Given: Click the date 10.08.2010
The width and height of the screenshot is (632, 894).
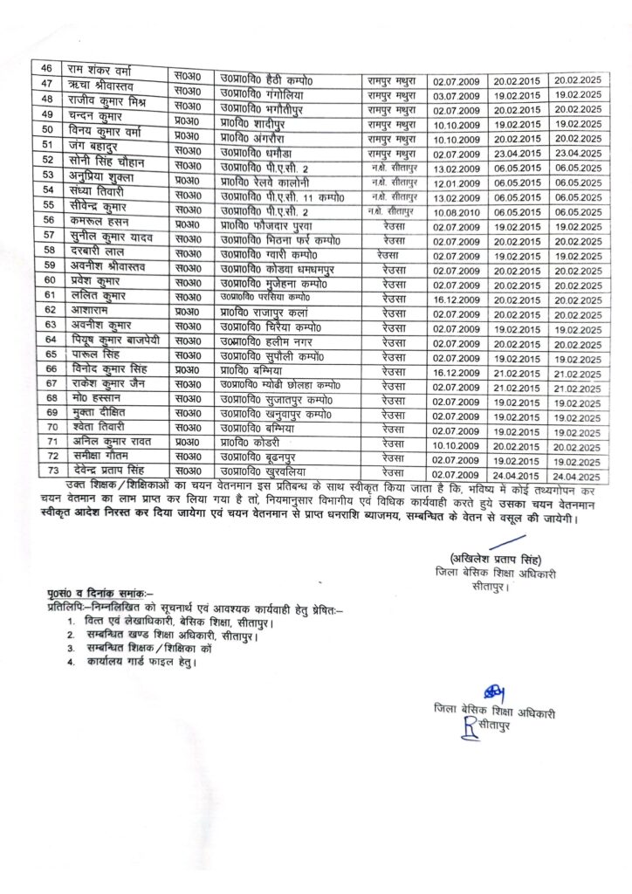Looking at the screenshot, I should (457, 212).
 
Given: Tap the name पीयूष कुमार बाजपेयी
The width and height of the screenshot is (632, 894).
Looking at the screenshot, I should (112, 339).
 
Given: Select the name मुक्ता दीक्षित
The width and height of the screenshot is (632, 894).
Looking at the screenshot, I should (98, 412).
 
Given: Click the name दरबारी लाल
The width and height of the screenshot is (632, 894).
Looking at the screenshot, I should (96, 251).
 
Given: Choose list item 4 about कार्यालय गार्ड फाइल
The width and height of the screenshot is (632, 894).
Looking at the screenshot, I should (135, 664).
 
